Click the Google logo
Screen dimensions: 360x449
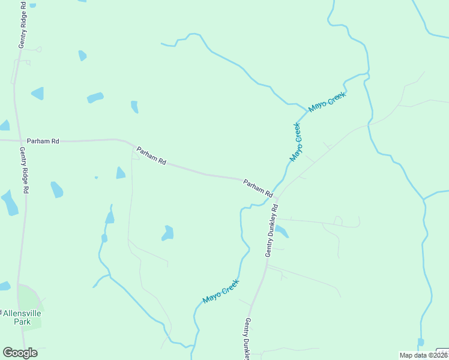(x=20, y=353)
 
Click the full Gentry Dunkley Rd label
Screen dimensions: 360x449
(x=272, y=231)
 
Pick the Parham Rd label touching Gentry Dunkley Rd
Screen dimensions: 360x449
(x=258, y=188)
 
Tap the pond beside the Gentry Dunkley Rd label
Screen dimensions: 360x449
(x=281, y=231)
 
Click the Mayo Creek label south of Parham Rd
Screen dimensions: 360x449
(x=221, y=291)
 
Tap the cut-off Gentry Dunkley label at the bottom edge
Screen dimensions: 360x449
(x=246, y=339)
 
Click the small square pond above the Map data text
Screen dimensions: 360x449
(x=421, y=342)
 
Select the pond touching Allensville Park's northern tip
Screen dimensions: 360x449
(x=4, y=286)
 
